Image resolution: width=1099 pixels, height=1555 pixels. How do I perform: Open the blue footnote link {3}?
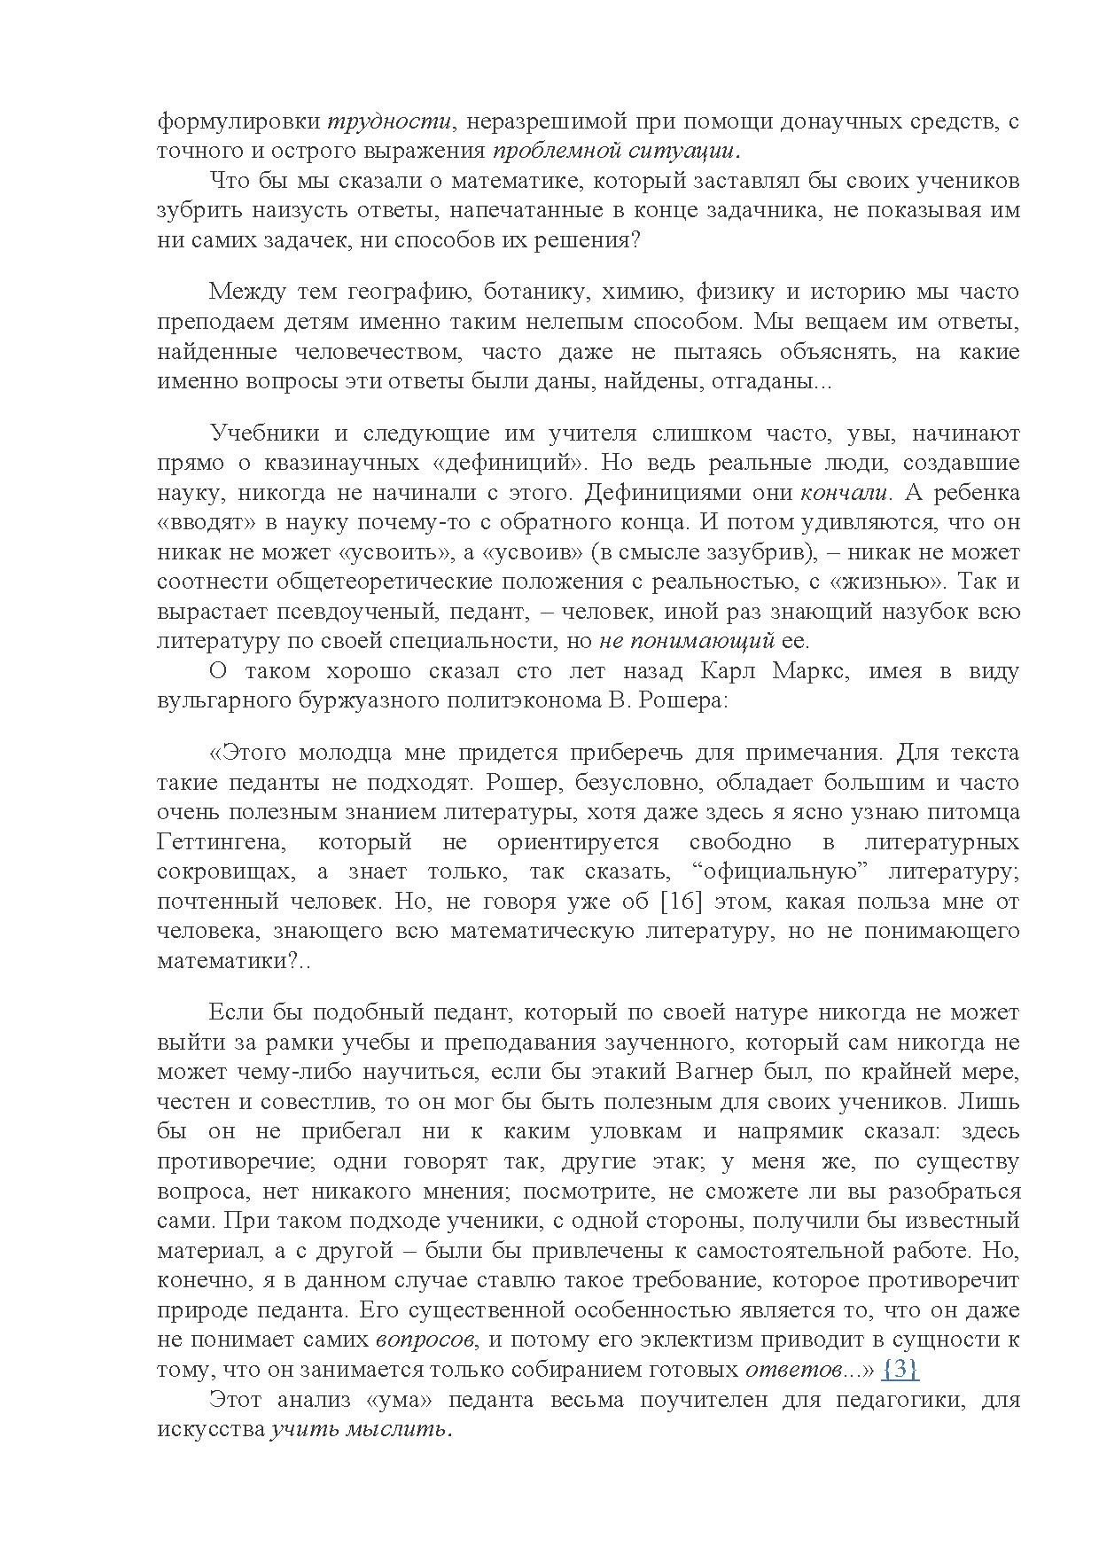pyautogui.click(x=900, y=1369)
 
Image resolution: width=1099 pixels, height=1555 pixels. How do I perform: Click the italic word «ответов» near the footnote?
pyautogui.click(x=792, y=1370)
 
